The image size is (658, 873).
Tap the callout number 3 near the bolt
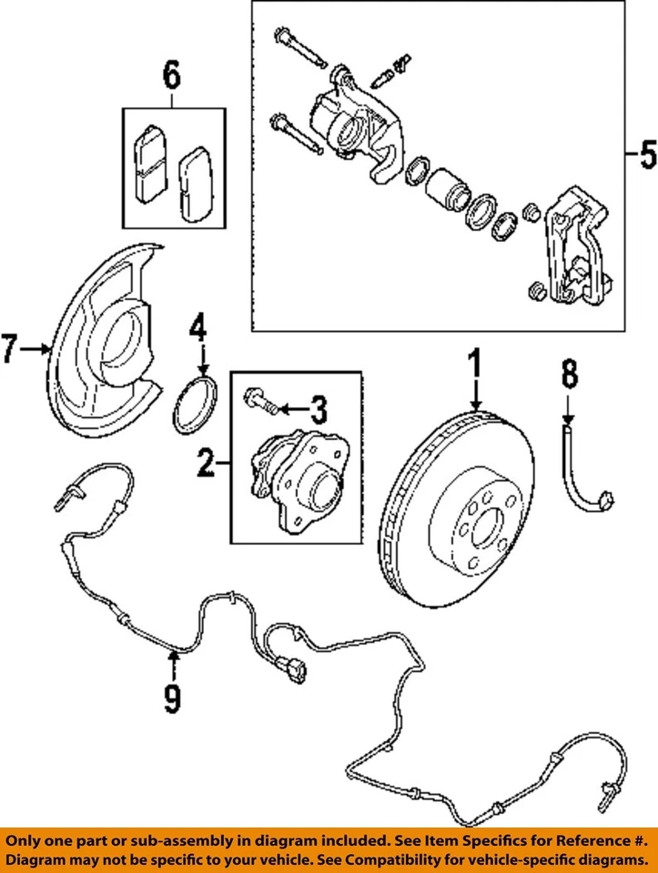coord(317,410)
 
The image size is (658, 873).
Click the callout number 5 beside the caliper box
coord(645,156)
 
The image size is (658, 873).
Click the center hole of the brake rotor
coord(482,526)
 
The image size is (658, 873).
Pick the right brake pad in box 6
coord(194,185)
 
